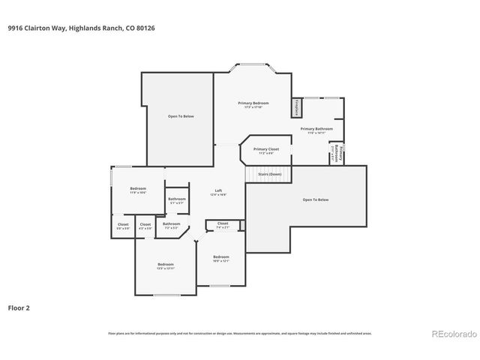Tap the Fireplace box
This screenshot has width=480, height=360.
coord(296,107)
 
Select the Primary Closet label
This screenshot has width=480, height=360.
coord(265,149)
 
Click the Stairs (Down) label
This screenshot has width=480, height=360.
coord(269,174)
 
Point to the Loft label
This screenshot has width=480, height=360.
coord(218,191)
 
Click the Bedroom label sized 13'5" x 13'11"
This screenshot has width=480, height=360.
coord(166,265)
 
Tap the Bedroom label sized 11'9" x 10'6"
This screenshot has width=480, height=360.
coord(137,189)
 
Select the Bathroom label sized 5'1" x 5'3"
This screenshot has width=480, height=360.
coord(177,199)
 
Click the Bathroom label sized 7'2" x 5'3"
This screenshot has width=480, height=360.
coord(172,224)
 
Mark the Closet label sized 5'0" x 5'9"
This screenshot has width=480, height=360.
coord(122,225)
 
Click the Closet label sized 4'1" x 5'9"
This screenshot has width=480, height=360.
coord(145,225)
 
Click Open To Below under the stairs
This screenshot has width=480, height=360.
coord(316,199)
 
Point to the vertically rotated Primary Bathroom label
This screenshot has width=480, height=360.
coord(337,152)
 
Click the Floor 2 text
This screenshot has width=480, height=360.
coord(19,307)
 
